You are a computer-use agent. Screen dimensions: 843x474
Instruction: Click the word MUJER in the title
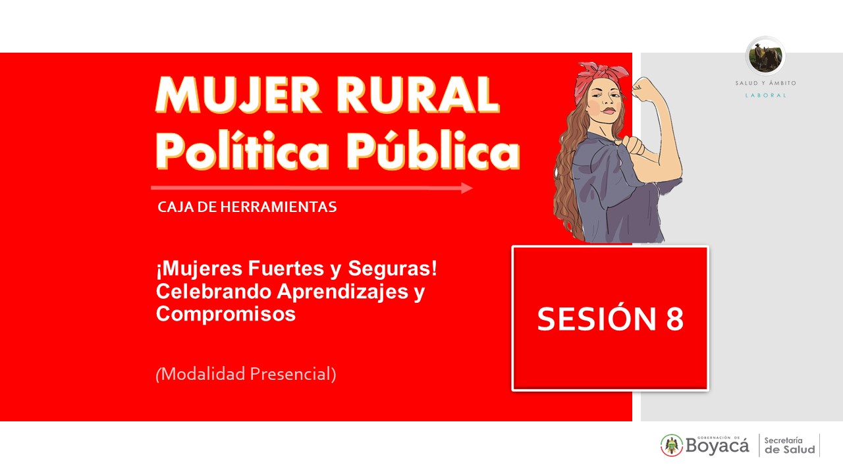point(238,95)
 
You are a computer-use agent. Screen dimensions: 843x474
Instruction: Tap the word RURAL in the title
point(418,95)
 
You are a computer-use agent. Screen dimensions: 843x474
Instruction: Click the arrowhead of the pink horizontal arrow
point(467,188)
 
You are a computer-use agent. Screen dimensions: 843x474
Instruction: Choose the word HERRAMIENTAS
point(279,207)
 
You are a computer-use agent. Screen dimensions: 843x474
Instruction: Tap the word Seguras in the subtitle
point(389,269)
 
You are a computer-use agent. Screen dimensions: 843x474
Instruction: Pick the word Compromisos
point(226,314)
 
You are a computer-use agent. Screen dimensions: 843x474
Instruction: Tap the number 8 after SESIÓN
point(675,319)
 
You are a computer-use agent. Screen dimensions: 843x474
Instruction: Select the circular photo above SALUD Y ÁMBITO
point(765,57)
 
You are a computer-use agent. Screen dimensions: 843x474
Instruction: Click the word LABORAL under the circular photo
point(766,95)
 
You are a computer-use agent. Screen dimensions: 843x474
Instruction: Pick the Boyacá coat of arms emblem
point(672,446)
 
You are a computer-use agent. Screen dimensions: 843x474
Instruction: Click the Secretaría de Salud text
point(789,446)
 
